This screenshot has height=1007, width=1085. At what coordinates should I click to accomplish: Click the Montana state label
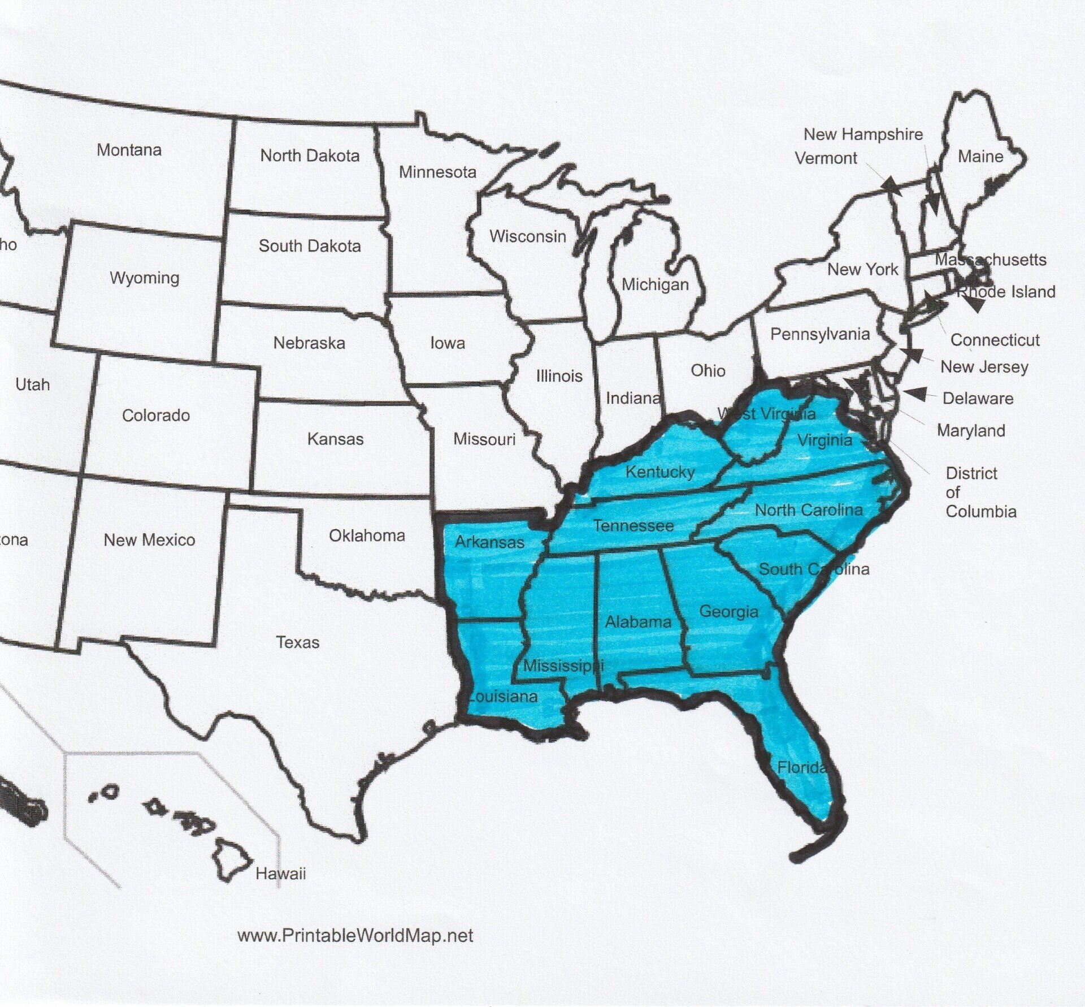pos(129,150)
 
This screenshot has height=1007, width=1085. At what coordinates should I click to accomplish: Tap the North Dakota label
pos(310,155)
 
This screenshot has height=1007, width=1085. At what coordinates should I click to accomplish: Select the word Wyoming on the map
pos(145,278)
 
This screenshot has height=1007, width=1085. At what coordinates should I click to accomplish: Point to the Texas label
pos(298,642)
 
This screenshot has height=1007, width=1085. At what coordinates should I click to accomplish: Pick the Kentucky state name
pos(660,472)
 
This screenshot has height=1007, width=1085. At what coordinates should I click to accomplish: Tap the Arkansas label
pos(489,542)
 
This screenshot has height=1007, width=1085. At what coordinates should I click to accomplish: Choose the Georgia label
pos(728,611)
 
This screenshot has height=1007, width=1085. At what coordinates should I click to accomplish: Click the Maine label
pos(980,157)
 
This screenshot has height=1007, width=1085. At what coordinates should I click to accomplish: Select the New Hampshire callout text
pos(863,135)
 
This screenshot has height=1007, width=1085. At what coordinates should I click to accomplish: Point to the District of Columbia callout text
pos(980,492)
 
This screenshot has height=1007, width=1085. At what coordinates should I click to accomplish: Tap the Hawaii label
pos(280,874)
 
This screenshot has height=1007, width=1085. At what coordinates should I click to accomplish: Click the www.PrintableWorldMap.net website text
pos(355,936)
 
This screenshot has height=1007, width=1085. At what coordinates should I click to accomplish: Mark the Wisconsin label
pos(528,236)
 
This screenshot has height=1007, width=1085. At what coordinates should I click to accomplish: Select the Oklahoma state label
pos(367,535)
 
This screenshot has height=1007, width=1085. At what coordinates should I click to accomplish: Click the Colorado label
pos(156,416)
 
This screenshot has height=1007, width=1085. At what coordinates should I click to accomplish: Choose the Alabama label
pos(638,622)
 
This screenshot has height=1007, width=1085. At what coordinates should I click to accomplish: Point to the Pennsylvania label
pos(820,334)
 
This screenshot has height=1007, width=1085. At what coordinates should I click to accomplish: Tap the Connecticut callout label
pos(995,340)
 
